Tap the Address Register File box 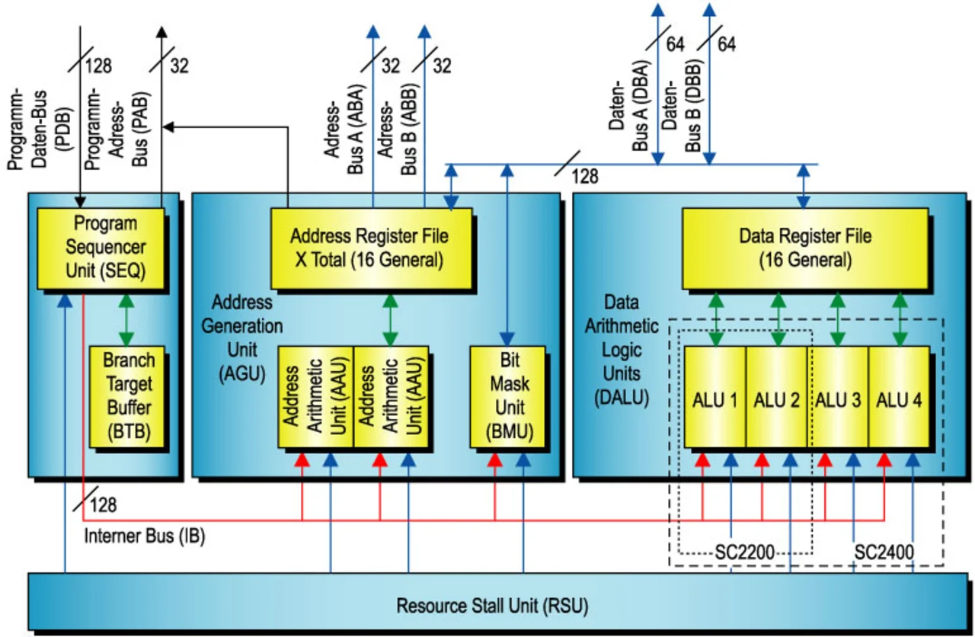point(372,248)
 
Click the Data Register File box point(805,248)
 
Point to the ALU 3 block point(838,398)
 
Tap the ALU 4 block point(900,398)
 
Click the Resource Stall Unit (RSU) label point(492,607)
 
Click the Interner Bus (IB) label point(144,535)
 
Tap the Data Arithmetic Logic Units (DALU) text point(621,351)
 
